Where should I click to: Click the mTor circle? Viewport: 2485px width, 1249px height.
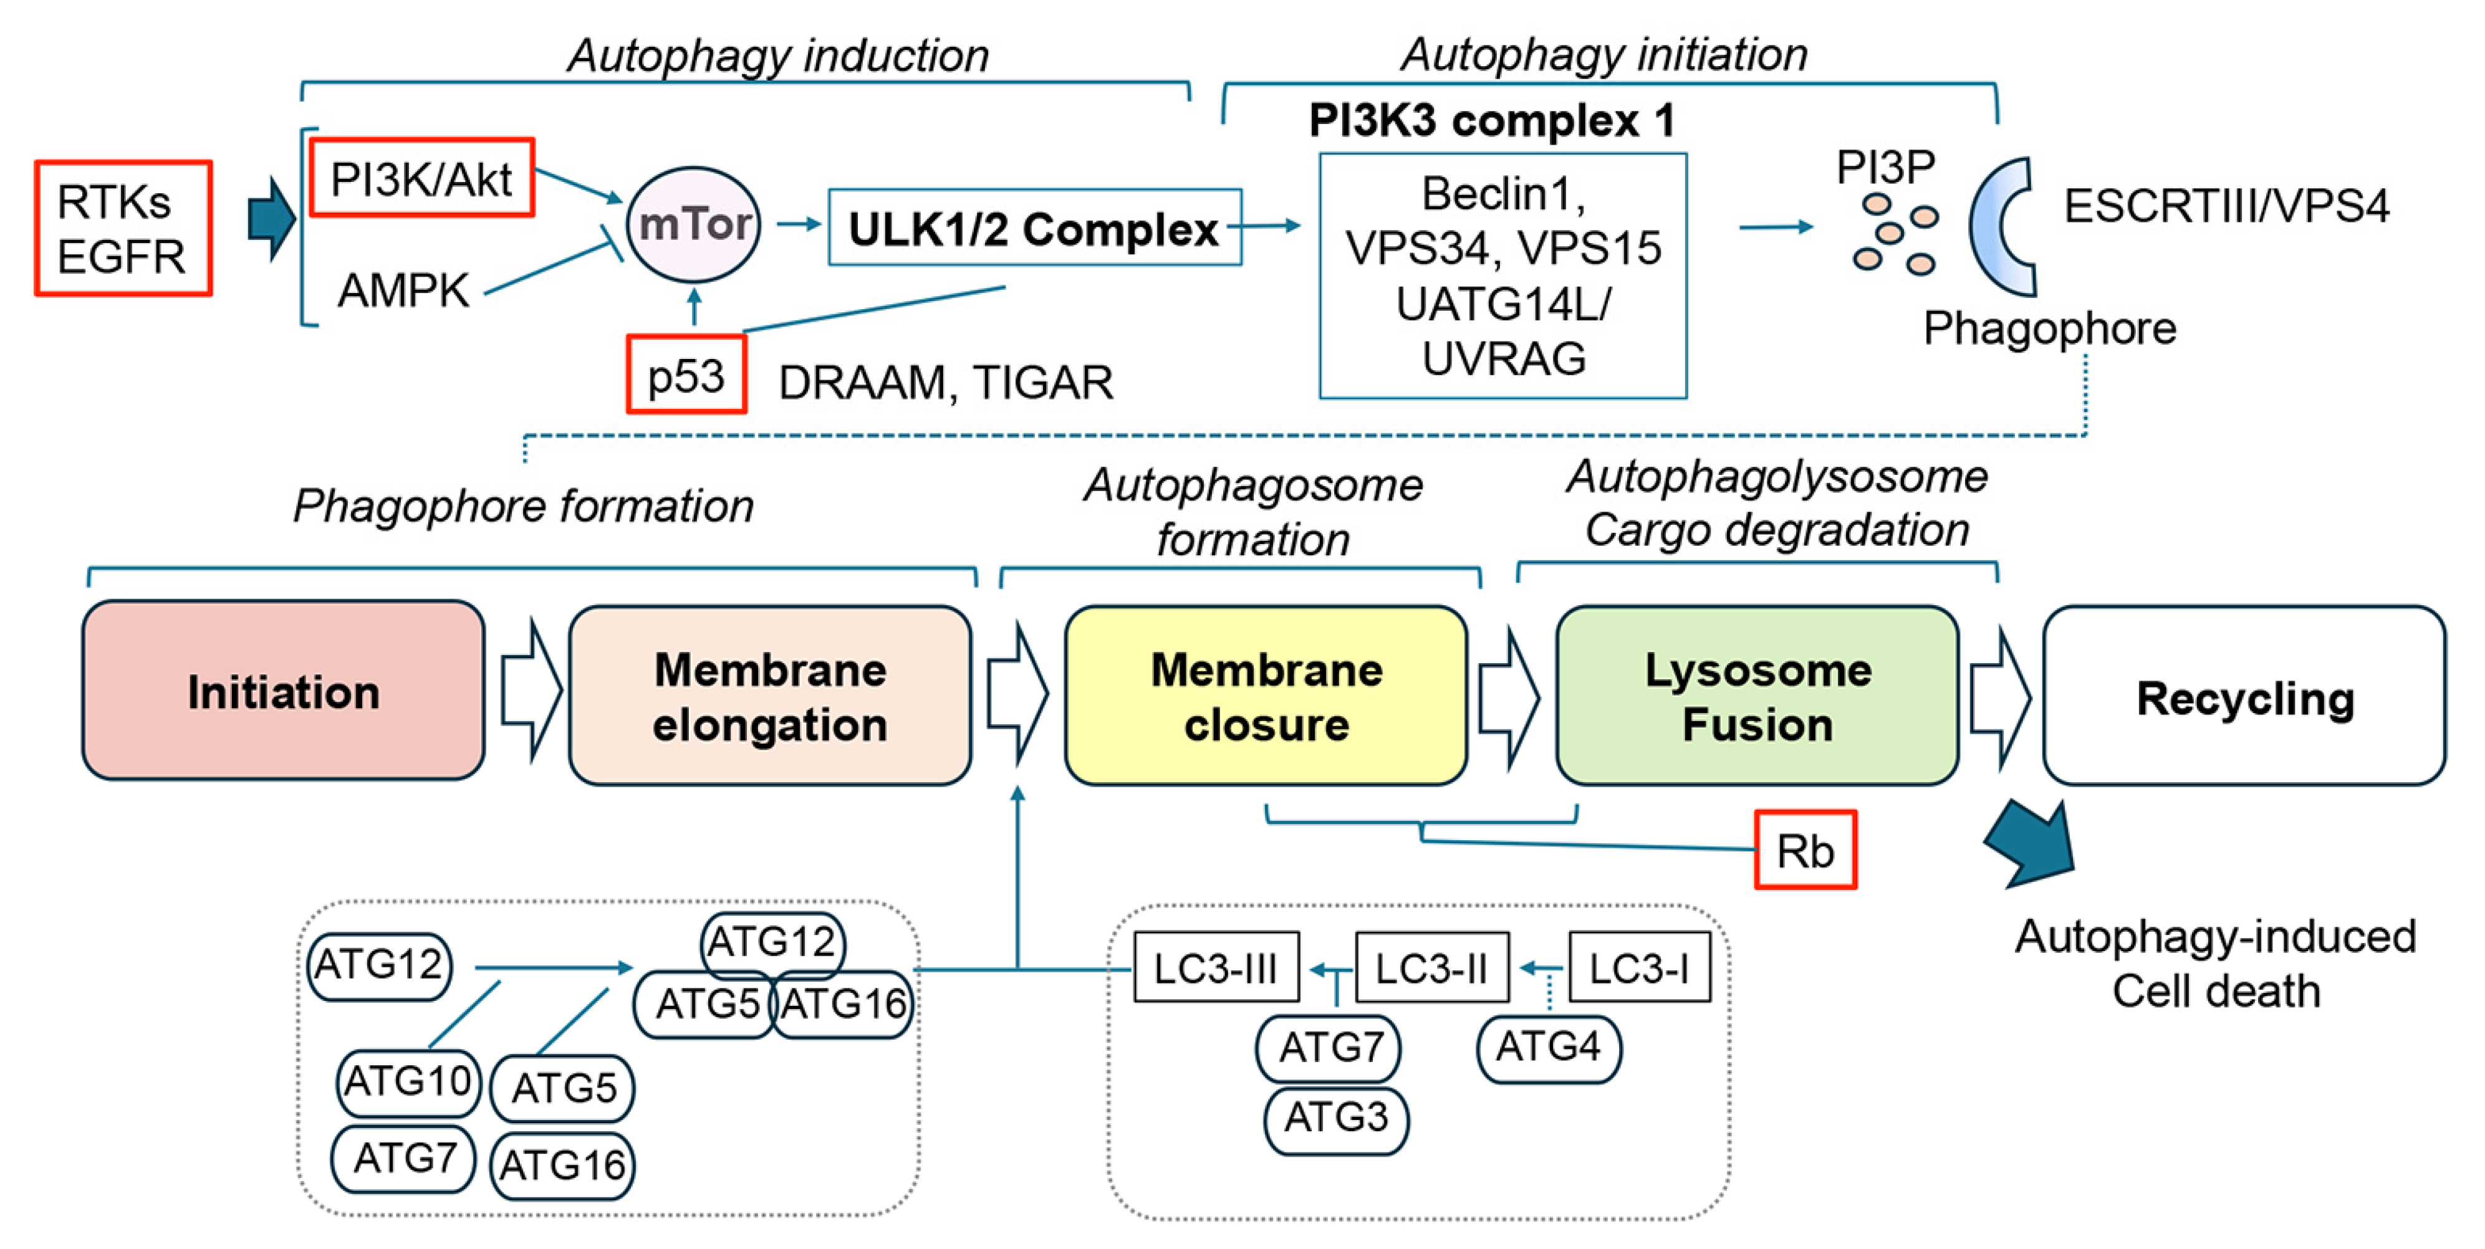[x=694, y=225]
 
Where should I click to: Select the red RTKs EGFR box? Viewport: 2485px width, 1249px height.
[x=123, y=229]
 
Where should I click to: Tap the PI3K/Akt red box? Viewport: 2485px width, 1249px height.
[x=421, y=178]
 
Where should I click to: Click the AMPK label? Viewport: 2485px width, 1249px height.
[x=403, y=290]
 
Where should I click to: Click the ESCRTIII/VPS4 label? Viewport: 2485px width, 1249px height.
[x=2226, y=206]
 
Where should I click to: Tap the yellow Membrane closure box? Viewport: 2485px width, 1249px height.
[x=1266, y=696]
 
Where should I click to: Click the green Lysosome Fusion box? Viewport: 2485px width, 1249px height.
[x=1757, y=696]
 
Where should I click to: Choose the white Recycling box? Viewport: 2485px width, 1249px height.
[x=2244, y=696]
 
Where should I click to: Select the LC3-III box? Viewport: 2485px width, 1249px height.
[x=1216, y=967]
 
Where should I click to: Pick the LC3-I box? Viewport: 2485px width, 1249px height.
[x=1639, y=967]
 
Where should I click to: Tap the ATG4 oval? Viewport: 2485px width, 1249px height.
[x=1549, y=1048]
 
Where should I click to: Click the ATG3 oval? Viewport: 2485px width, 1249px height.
[x=1336, y=1119]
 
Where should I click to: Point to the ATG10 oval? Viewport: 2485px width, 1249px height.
[x=408, y=1082]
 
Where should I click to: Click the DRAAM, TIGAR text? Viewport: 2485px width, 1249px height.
[x=945, y=383]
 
